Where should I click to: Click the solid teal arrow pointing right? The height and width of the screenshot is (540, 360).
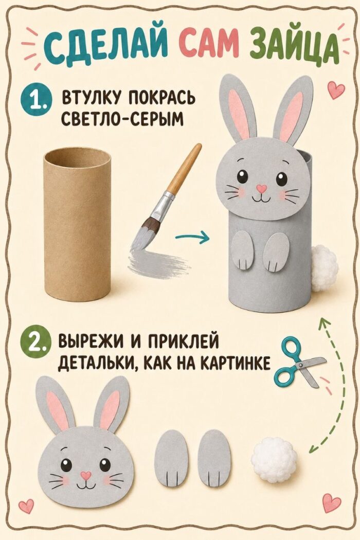(x=192, y=237)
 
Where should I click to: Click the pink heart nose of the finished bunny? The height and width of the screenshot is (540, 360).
(x=262, y=188)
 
